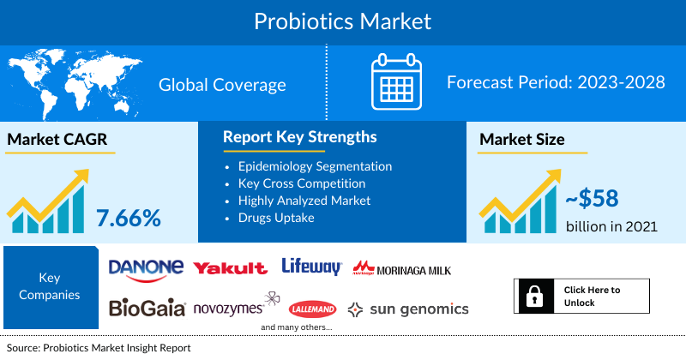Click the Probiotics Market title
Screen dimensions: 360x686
(x=342, y=21)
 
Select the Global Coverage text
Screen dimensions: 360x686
(x=222, y=85)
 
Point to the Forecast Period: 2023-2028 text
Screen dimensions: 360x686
(x=556, y=83)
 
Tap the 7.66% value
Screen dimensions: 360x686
(x=129, y=218)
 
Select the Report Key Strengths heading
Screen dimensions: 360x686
(x=299, y=137)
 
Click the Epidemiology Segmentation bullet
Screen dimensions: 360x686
(x=315, y=166)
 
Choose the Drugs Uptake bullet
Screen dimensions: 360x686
(x=276, y=218)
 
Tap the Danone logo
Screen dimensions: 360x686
(x=146, y=267)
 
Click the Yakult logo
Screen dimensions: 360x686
(x=230, y=268)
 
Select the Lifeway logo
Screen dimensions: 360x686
(x=311, y=267)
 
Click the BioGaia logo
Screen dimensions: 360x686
(x=146, y=308)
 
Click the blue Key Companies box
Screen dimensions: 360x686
(x=49, y=288)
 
